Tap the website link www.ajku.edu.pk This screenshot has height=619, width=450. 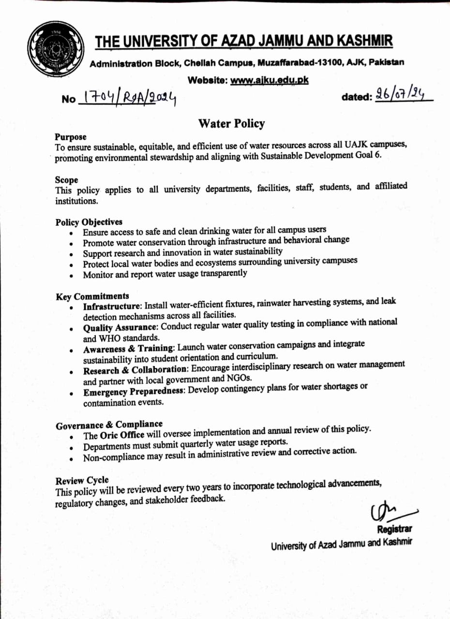(x=269, y=80)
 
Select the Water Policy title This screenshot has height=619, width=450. (x=231, y=124)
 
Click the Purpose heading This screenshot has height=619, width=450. (x=71, y=137)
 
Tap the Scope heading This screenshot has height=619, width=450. (x=66, y=180)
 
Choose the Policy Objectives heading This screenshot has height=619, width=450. (x=89, y=222)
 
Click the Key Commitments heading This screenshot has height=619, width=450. (x=92, y=296)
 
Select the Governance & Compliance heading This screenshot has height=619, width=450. (x=109, y=425)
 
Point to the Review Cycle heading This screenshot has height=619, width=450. (x=82, y=481)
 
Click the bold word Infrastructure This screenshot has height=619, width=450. (x=112, y=307)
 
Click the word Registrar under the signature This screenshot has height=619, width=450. (x=394, y=529)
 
